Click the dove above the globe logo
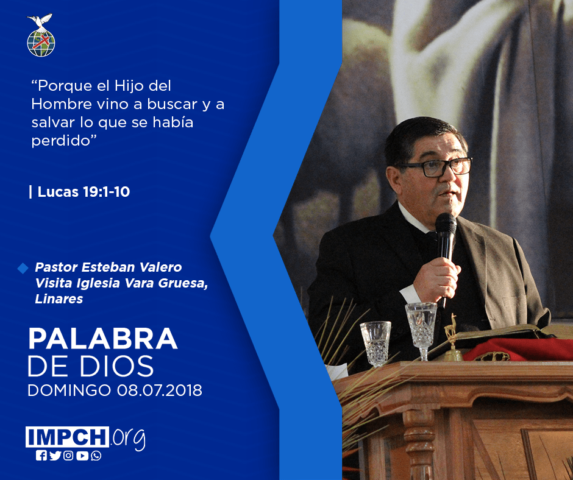pyautogui.click(x=40, y=21)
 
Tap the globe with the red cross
pyautogui.click(x=41, y=43)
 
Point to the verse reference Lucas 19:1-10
pyautogui.click(x=84, y=192)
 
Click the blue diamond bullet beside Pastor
pyautogui.click(x=23, y=268)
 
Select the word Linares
pyautogui.click(x=59, y=299)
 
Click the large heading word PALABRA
pyautogui.click(x=103, y=339)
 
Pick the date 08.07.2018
pyautogui.click(x=159, y=390)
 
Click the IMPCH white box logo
pyautogui.click(x=67, y=437)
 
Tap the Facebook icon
pyautogui.click(x=41, y=456)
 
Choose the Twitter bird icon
pyautogui.click(x=55, y=456)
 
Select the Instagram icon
pyautogui.click(x=68, y=456)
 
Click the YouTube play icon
pyautogui.click(x=82, y=456)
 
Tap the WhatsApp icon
pyautogui.click(x=96, y=456)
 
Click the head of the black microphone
pyautogui.click(x=446, y=224)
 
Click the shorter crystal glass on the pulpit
pyautogui.click(x=375, y=344)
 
